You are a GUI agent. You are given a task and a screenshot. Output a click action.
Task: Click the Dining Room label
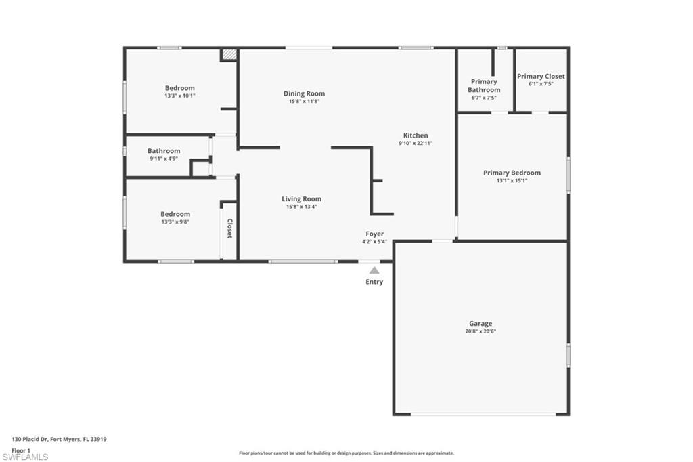click(x=304, y=93)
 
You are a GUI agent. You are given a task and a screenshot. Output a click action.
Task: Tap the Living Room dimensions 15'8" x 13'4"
click(x=301, y=207)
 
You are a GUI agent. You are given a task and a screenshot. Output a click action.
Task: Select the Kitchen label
click(x=416, y=135)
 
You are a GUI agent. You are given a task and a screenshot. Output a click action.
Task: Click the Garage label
click(x=480, y=324)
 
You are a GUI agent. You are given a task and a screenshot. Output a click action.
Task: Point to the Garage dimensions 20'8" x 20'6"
click(x=480, y=331)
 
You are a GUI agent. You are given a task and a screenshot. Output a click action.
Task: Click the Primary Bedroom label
click(x=512, y=173)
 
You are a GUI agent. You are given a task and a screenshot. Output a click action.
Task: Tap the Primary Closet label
click(x=541, y=77)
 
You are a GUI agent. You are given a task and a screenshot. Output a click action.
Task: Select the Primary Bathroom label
click(x=484, y=85)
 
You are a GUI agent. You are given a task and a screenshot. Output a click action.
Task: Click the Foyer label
click(x=374, y=234)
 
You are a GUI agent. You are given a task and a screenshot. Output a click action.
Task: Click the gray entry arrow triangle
click(x=374, y=270)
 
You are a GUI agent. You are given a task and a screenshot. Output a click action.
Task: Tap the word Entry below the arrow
click(x=374, y=282)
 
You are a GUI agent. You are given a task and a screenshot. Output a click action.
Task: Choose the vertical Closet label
click(x=229, y=228)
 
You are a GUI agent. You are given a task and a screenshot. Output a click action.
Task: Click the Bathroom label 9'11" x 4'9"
click(x=164, y=151)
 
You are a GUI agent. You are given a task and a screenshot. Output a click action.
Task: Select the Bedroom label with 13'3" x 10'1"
click(x=179, y=88)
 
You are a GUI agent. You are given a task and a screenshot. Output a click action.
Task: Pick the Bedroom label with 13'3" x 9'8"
click(x=175, y=214)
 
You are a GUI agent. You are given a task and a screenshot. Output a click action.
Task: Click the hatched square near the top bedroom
click(x=229, y=55)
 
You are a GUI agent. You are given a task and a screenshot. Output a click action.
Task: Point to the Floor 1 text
click(x=22, y=450)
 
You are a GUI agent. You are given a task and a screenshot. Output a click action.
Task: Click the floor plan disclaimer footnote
click(x=346, y=453)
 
